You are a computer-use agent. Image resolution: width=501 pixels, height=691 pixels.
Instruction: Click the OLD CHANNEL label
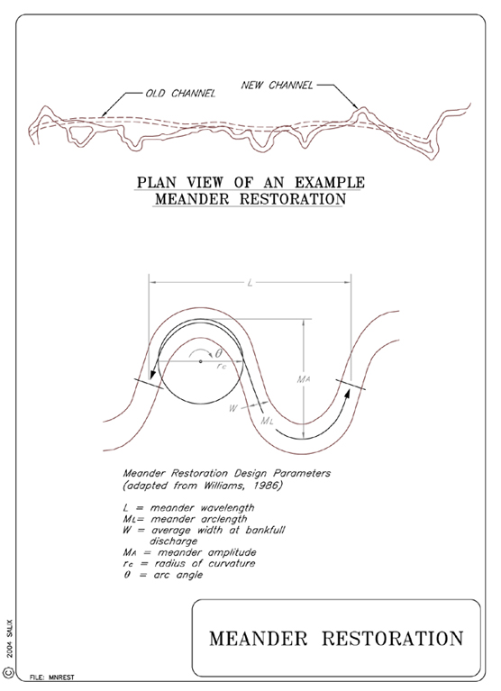pos(180,94)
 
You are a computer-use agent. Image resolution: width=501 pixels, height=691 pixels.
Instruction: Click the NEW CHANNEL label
pos(277,85)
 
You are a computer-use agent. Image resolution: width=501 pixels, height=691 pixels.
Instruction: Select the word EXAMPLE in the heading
pos(330,183)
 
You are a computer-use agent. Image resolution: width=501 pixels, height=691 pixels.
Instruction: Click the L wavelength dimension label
pos(250,283)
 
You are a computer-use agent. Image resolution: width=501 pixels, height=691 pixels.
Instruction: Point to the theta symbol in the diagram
pos(219,353)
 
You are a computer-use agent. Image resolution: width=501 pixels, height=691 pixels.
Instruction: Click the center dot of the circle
pos(200,361)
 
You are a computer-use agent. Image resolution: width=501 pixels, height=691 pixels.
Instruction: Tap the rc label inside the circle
pos(221,366)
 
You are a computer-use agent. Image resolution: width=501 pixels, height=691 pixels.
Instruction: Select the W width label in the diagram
pos(232,408)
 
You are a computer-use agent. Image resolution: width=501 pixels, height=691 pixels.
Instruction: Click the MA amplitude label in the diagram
pos(304,378)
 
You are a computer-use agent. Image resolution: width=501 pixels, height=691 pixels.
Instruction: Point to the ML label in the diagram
pos(267,421)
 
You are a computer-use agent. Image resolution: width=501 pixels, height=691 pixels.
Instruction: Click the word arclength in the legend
pos(223,519)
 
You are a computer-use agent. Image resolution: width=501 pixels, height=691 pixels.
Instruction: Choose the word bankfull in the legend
pos(265,530)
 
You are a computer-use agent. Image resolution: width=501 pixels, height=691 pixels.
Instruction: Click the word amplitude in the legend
pos(232,552)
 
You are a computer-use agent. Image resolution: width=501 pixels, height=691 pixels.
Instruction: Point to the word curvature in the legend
pos(232,564)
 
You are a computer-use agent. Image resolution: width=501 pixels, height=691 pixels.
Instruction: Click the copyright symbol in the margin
pos(9,672)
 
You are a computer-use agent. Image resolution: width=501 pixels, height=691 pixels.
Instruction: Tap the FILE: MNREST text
pos(52,677)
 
